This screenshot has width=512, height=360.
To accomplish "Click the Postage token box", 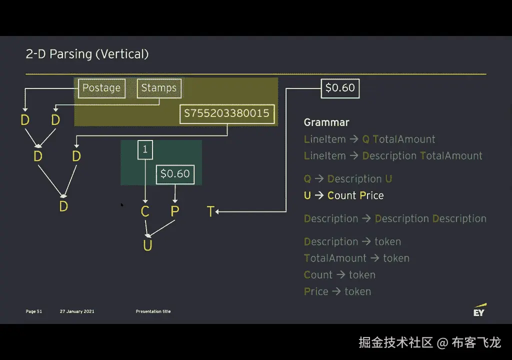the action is [x=101, y=88].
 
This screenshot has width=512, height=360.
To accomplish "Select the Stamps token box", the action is [x=159, y=88].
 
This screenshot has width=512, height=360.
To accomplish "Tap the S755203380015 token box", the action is [x=227, y=113].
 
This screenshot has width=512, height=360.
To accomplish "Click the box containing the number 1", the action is [x=145, y=149].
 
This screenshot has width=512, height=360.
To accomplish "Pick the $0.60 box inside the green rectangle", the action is [x=175, y=174].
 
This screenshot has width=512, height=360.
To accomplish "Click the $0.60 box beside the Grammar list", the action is [x=340, y=88].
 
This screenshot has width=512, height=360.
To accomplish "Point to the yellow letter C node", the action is [x=145, y=211].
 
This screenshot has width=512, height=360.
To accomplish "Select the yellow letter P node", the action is [x=174, y=211].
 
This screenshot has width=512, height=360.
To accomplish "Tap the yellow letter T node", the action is [x=210, y=212].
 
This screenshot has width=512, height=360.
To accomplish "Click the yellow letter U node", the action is [x=147, y=245].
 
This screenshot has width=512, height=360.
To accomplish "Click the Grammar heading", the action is [x=326, y=122].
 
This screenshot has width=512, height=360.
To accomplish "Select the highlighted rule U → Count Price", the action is [x=344, y=195].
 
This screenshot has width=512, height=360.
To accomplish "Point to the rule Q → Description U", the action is [x=348, y=179].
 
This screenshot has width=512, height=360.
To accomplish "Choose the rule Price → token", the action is [x=337, y=291].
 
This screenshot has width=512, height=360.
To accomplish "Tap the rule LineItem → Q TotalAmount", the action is [x=369, y=139].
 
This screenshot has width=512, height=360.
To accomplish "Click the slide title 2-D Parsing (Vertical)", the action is [x=87, y=54].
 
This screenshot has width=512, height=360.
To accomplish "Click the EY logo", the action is [x=479, y=310].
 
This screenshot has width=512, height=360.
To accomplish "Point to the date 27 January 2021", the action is [x=77, y=311].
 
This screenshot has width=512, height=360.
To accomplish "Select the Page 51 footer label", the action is [x=34, y=311].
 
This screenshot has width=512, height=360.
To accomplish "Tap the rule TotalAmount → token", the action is [x=356, y=258].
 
